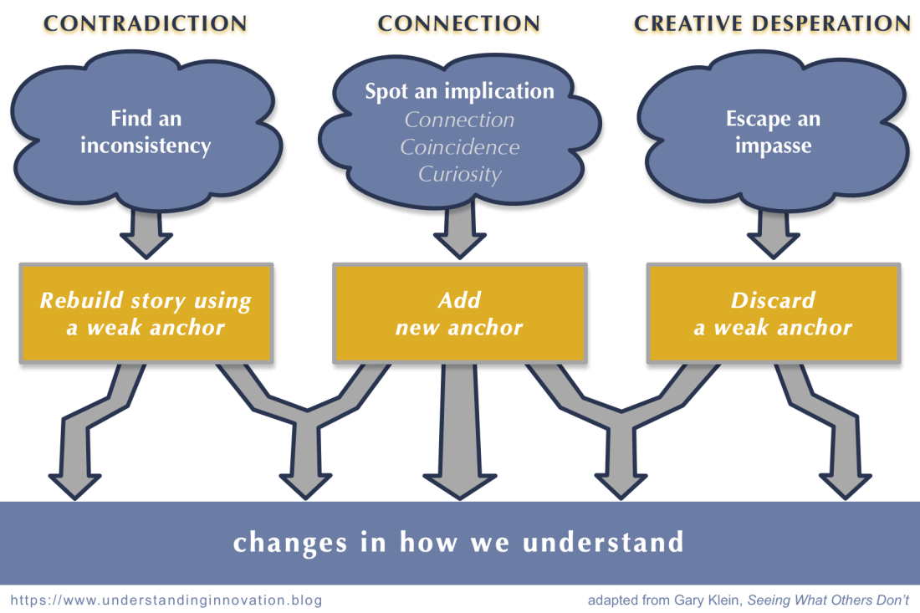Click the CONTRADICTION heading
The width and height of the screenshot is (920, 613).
point(146,24)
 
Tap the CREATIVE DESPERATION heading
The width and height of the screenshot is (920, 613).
point(771,24)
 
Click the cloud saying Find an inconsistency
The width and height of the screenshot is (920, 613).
point(146,132)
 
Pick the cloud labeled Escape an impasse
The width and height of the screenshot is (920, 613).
point(773,132)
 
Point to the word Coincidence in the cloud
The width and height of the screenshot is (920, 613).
point(459,147)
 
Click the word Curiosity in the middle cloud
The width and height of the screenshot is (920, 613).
point(459,175)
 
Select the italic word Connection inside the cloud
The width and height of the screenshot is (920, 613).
point(459,120)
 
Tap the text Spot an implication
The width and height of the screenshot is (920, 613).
point(459,91)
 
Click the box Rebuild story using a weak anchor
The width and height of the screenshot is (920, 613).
point(146,314)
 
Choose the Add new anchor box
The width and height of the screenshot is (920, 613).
point(458,314)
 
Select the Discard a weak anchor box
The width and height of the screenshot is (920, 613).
point(773,314)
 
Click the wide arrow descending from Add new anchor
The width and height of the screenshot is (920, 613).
point(458,435)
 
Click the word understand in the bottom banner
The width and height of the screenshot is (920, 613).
point(603,543)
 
